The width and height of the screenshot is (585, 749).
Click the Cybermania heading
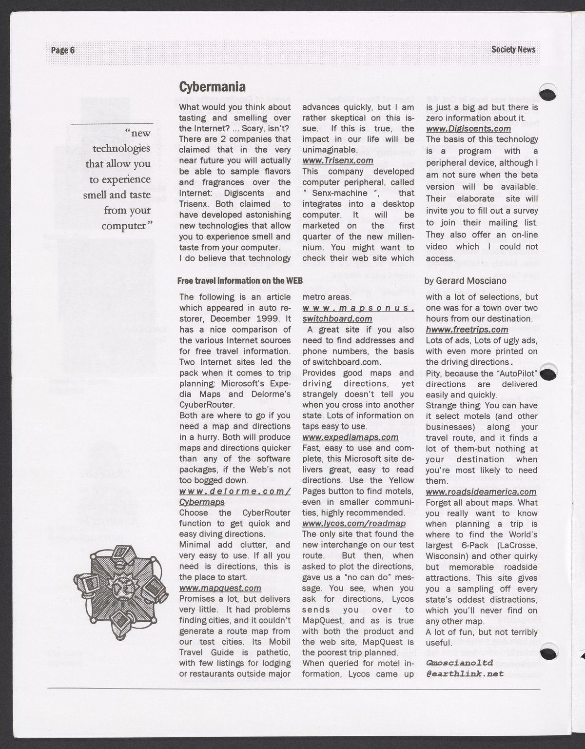tap(212, 87)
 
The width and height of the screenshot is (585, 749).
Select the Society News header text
tap(513, 49)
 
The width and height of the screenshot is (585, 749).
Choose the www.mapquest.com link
tap(220, 588)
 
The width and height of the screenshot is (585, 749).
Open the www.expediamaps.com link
tap(351, 437)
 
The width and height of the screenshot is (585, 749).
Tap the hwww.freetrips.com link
tap(467, 330)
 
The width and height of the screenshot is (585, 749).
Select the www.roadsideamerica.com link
tap(481, 492)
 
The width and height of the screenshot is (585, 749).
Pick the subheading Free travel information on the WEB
tap(240, 280)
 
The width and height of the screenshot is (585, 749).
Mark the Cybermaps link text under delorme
tap(202, 502)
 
